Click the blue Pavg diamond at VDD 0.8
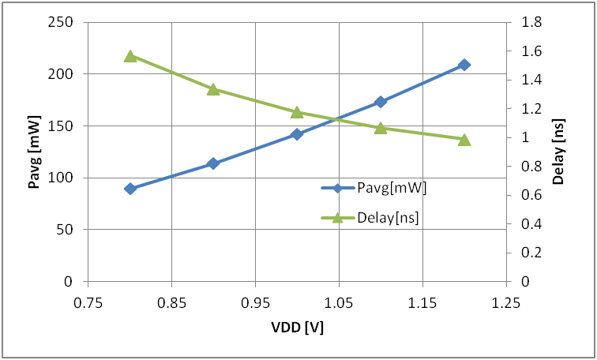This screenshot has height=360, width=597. click(x=130, y=189)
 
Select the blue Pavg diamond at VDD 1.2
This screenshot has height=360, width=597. click(x=464, y=65)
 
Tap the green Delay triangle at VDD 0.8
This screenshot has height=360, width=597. click(x=130, y=57)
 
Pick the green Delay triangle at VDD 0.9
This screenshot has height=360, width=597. click(x=213, y=89)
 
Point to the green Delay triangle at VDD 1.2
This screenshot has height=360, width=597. click(x=464, y=140)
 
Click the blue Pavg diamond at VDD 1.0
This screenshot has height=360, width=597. click(x=297, y=134)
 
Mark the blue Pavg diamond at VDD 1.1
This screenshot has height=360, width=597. click(x=381, y=102)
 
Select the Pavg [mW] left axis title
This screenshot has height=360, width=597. click(x=34, y=152)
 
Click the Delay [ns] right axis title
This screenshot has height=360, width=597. click(x=558, y=152)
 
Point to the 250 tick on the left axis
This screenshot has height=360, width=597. click(x=62, y=22)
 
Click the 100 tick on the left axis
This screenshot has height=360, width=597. click(x=62, y=178)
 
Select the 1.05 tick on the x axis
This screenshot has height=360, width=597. click(x=339, y=302)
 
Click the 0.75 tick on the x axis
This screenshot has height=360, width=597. click(x=88, y=302)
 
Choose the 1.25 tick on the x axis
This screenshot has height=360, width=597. click(x=505, y=302)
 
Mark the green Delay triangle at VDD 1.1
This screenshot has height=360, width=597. click(x=381, y=128)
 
